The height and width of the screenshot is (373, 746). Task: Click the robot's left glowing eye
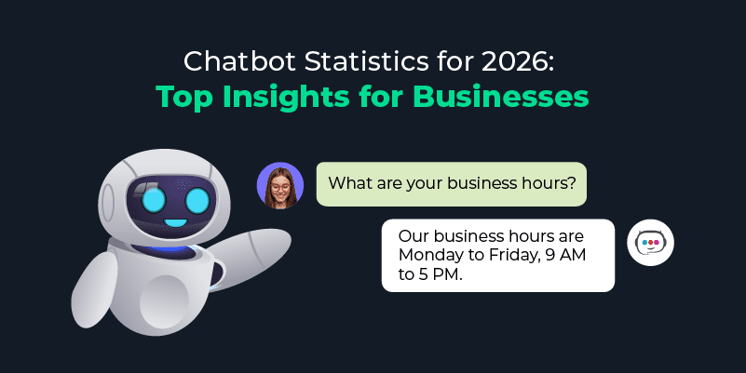[153, 200]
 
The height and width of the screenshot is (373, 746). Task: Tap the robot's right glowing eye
[197, 201]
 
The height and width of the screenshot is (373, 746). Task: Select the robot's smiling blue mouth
[176, 221]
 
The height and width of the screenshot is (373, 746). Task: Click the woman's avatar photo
[280, 185]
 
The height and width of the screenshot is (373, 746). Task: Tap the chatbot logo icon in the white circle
[650, 243]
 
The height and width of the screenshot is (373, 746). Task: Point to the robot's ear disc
[106, 203]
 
